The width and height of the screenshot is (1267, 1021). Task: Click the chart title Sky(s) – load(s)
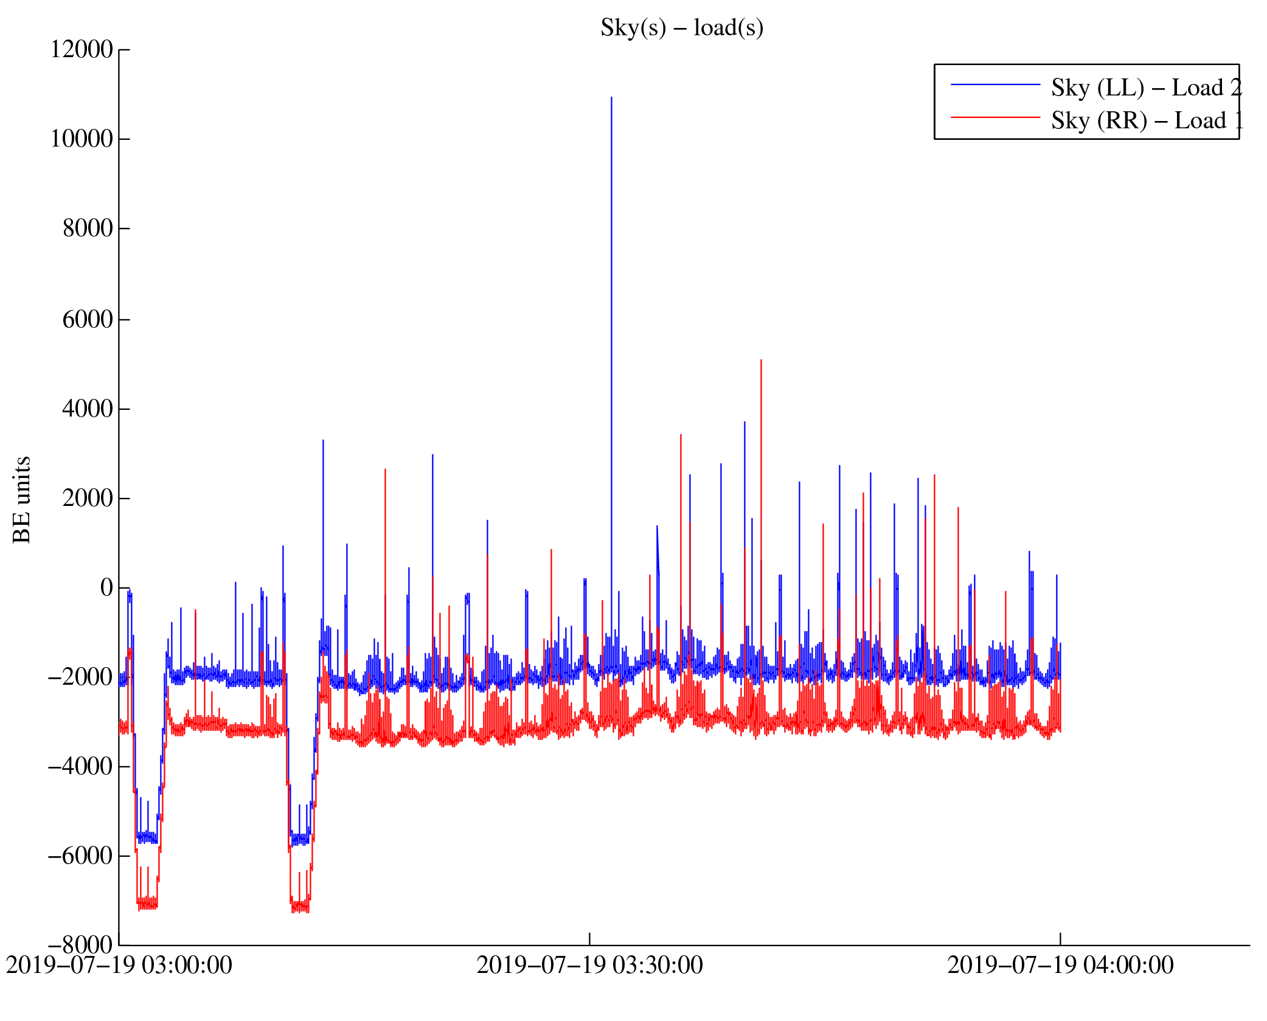pos(681,28)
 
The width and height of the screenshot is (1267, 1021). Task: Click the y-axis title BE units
pos(22,499)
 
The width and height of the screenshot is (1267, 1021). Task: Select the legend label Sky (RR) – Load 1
pos(1146,121)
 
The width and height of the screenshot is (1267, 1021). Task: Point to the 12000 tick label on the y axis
pos(82,50)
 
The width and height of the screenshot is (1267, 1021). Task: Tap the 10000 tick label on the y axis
pos(82,139)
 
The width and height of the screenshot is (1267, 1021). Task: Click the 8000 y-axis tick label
pos(88,229)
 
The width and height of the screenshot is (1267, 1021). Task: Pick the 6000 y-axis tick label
pos(88,319)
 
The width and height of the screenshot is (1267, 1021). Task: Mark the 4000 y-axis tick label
pos(88,409)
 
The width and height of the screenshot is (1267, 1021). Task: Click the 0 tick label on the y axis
pos(106,588)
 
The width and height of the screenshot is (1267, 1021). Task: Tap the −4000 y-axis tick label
pos(80,767)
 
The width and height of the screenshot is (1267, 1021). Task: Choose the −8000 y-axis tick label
pos(80,946)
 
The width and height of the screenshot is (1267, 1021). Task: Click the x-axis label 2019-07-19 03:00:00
pos(119,966)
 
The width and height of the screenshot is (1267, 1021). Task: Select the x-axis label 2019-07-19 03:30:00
pos(589,966)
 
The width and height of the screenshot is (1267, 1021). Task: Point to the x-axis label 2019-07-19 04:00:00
pos(1060,966)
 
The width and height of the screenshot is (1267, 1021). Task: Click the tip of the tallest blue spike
pos(611,97)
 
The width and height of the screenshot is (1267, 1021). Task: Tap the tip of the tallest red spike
pos(761,361)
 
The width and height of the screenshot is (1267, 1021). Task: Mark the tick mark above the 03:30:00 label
pos(589,938)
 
